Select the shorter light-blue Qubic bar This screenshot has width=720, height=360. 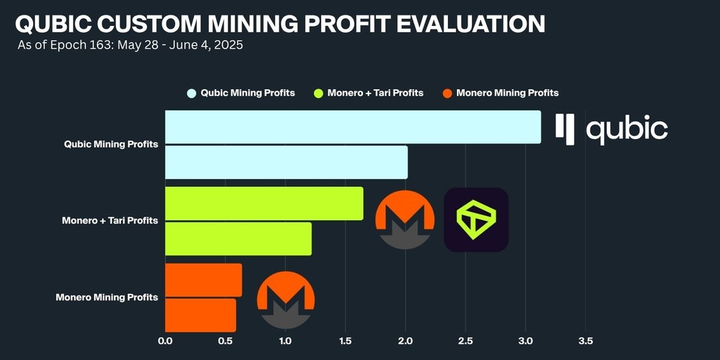point(286,162)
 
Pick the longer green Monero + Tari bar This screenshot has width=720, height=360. point(264,203)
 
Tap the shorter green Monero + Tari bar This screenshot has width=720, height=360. point(238,238)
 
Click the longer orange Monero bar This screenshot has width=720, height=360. point(203,281)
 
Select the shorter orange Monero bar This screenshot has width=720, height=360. point(200,315)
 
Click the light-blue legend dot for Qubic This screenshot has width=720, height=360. point(191,93)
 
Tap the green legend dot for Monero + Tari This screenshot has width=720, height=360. point(319,93)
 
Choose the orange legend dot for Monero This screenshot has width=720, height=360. point(447,93)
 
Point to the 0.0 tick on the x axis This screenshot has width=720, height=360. point(165,341)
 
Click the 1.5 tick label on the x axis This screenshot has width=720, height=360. point(345,341)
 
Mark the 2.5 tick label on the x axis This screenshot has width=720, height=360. point(465,341)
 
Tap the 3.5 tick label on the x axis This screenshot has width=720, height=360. point(586,341)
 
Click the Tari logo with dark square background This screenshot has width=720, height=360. point(476,219)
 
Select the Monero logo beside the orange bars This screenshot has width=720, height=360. point(285,298)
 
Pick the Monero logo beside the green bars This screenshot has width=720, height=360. point(404,219)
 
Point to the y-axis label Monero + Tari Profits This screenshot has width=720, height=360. point(110,221)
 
